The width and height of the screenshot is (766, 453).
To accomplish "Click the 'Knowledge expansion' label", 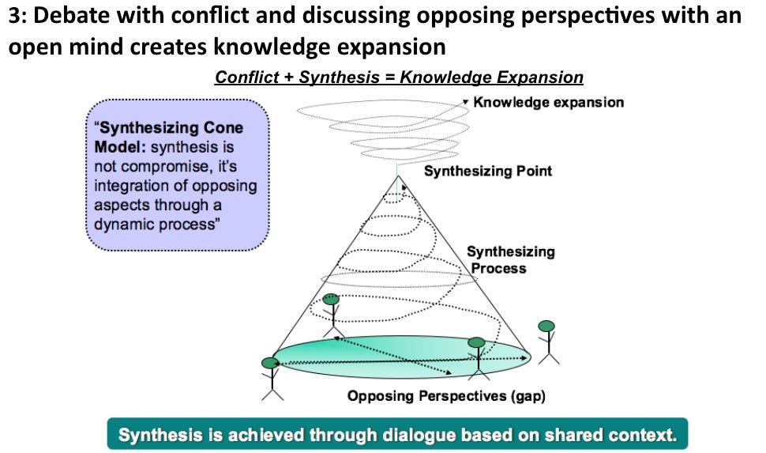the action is (x=549, y=102).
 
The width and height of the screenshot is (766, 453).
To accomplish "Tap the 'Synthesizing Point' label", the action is (x=488, y=171).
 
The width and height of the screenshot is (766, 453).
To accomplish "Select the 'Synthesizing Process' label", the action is (x=510, y=260).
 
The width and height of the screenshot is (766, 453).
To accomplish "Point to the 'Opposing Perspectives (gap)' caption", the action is (x=447, y=396).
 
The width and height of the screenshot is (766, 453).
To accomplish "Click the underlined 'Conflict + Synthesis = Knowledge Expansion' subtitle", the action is (x=399, y=77).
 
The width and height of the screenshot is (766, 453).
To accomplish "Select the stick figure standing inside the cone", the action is (x=331, y=315).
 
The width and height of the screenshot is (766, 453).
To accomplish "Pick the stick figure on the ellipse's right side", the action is (x=476, y=357).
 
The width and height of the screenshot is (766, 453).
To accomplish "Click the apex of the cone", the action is (x=399, y=176).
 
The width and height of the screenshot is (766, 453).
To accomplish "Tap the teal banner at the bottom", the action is (x=397, y=434).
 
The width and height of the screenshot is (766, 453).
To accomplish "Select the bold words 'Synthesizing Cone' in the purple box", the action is (x=169, y=128).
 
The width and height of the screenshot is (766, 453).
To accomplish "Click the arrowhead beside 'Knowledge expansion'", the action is (x=466, y=102).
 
